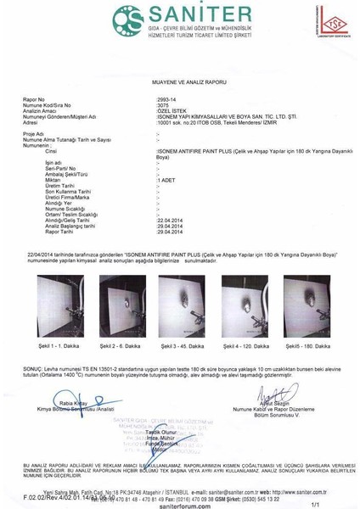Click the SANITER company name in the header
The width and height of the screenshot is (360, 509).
[x=202, y=16]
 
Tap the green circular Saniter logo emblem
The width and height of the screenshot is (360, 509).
[x=129, y=19]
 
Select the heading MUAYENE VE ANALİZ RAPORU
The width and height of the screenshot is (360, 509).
[x=179, y=81]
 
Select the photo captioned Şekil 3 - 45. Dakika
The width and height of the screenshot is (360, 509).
[x=181, y=306]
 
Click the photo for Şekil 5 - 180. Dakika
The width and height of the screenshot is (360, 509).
[x=306, y=306]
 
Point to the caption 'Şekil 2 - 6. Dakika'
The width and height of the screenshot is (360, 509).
[x=121, y=347]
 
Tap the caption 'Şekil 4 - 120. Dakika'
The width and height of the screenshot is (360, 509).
[x=245, y=347]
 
